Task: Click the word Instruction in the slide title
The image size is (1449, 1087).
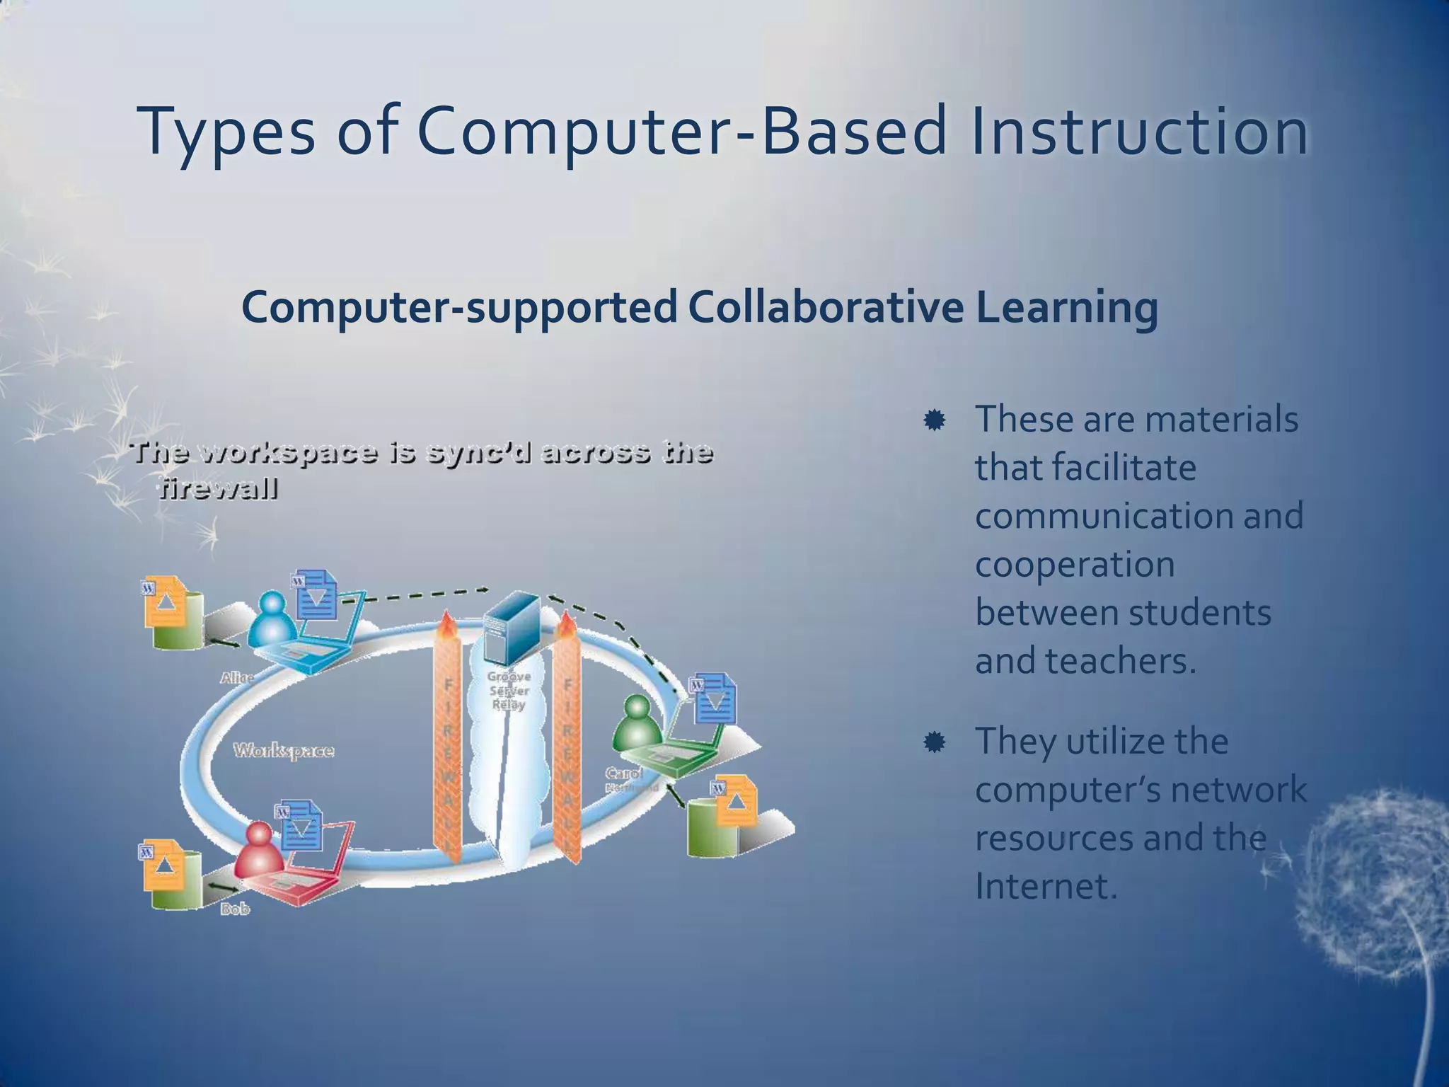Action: click(x=1139, y=132)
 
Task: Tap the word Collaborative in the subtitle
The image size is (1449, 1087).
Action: click(x=825, y=307)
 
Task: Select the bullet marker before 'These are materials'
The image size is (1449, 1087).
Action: click(x=934, y=420)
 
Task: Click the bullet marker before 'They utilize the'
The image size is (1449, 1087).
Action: click(x=934, y=742)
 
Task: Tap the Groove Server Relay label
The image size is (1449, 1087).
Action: click(x=509, y=690)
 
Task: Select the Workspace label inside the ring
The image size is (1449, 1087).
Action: click(x=284, y=750)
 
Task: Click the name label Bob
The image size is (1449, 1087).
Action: click(x=235, y=909)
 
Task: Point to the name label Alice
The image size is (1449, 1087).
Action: click(x=236, y=677)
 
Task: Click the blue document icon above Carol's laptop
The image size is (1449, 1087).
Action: click(x=715, y=699)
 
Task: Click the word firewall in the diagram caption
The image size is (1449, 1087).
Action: click(x=217, y=489)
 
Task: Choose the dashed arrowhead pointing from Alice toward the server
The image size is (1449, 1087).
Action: click(x=484, y=589)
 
